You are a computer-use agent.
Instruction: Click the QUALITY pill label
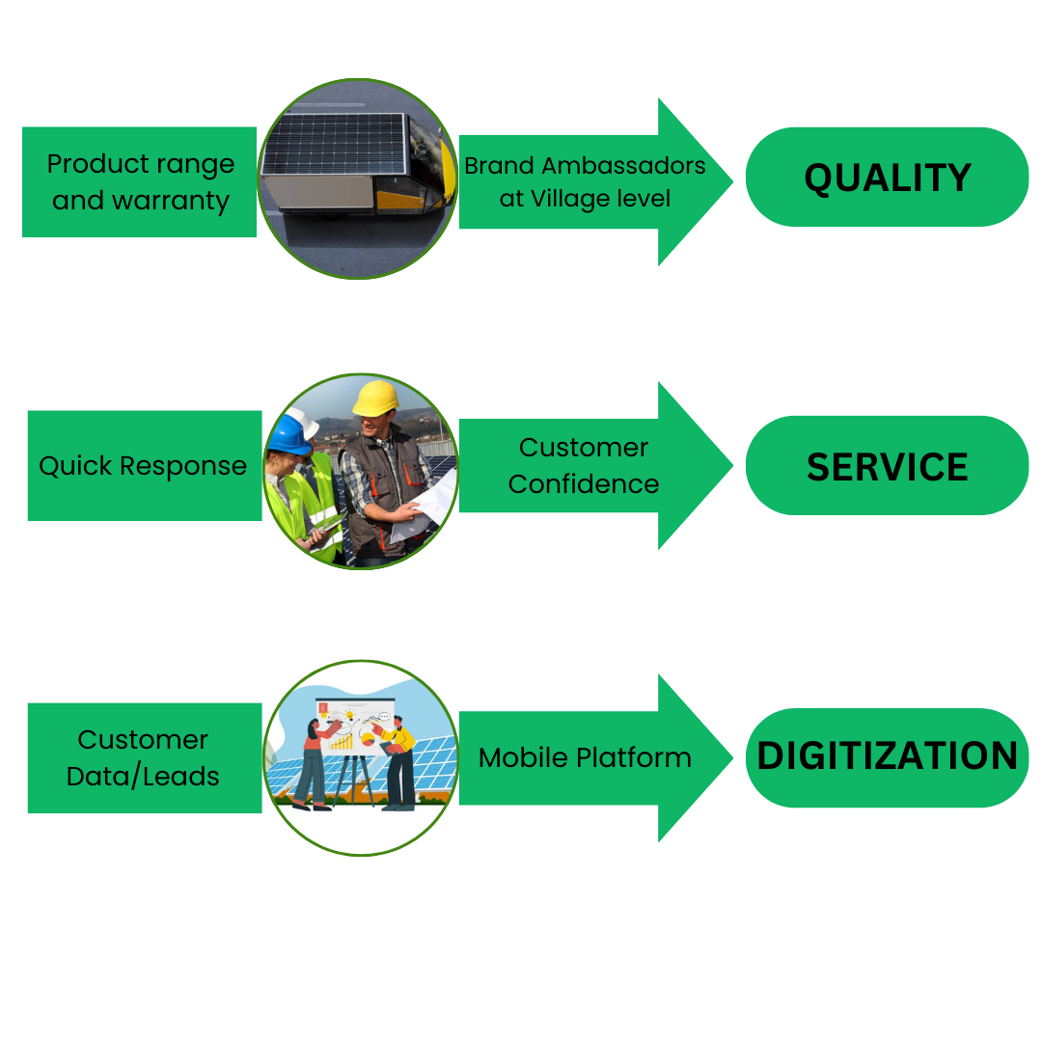pos(887,178)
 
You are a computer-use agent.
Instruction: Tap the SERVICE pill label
pos(887,466)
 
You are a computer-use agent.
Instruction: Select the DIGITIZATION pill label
pos(887,756)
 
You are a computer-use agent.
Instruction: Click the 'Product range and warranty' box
pos(140,182)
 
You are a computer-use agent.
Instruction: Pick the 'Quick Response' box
pos(144,466)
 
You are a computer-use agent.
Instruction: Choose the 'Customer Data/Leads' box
pos(144,757)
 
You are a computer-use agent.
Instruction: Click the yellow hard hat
pos(375,397)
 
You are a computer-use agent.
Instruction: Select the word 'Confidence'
pos(584,484)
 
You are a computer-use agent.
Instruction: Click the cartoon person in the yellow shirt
pos(398,762)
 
